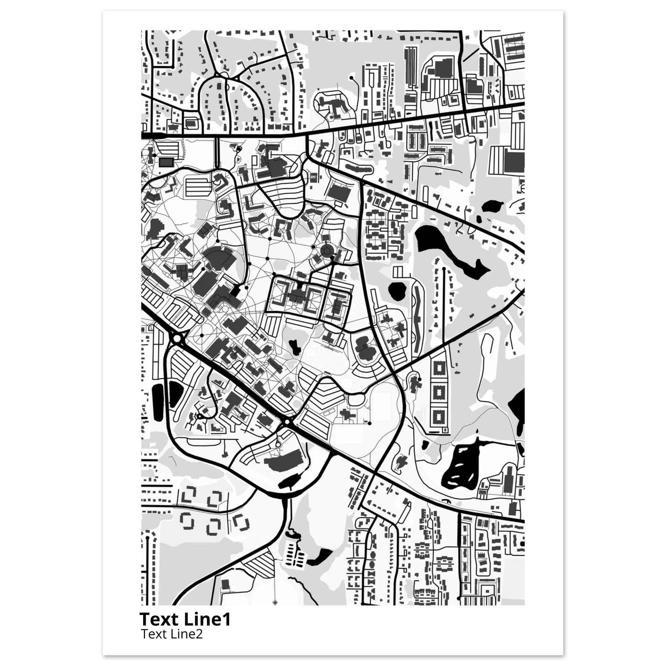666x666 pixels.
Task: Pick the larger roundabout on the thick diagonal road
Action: click(x=177, y=338)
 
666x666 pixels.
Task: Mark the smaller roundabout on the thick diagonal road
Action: click(x=287, y=421)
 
